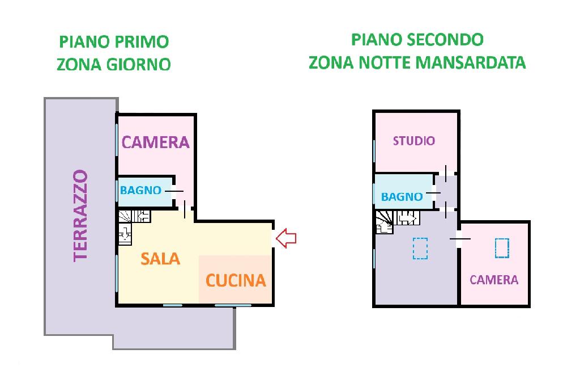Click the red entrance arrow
[286, 238]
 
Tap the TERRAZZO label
[80, 216]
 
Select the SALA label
[160, 259]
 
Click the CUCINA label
[236, 280]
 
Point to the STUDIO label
[414, 141]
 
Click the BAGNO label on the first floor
[140, 190]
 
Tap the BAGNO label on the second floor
[402, 196]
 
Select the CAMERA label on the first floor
[155, 142]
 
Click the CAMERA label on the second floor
[494, 280]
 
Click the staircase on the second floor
[398, 222]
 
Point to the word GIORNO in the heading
[139, 65]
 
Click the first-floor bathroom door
[174, 191]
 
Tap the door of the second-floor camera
[460, 239]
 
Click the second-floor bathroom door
[433, 193]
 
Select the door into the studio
[446, 173]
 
